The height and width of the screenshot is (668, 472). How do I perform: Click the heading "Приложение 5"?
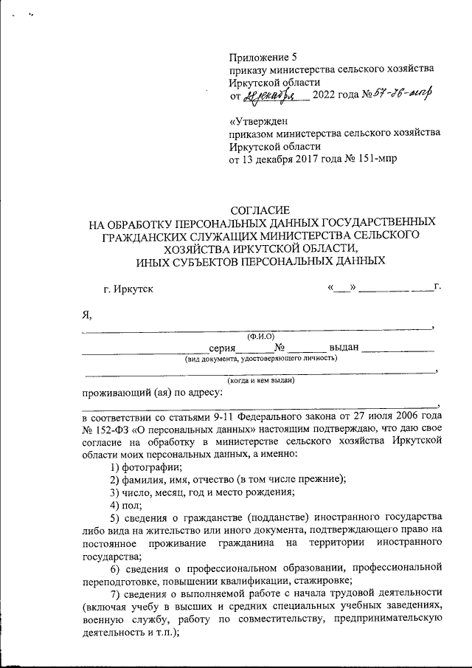(263, 57)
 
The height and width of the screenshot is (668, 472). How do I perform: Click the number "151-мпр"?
(375, 159)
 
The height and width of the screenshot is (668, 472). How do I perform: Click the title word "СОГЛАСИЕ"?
(262, 210)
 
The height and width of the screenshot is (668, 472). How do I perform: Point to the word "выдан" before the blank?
(344, 348)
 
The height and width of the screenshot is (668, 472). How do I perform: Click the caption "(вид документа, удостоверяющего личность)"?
(261, 359)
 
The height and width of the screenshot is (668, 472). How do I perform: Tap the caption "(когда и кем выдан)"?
(261, 381)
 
